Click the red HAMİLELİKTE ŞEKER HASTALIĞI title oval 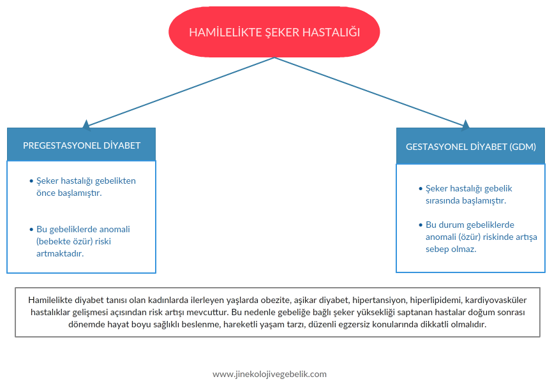pos(274,32)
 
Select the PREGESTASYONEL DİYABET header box pos(81,145)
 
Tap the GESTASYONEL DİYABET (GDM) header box pos(471,146)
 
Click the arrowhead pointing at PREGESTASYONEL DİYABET pos(86,125)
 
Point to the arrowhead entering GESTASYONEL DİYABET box pos(465,125)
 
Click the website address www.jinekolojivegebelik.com pos(270,374)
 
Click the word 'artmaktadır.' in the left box pos(60,253)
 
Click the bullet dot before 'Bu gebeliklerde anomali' pos(31,230)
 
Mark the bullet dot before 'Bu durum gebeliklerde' pos(421,225)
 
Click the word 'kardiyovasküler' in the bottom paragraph pos(496,300)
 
